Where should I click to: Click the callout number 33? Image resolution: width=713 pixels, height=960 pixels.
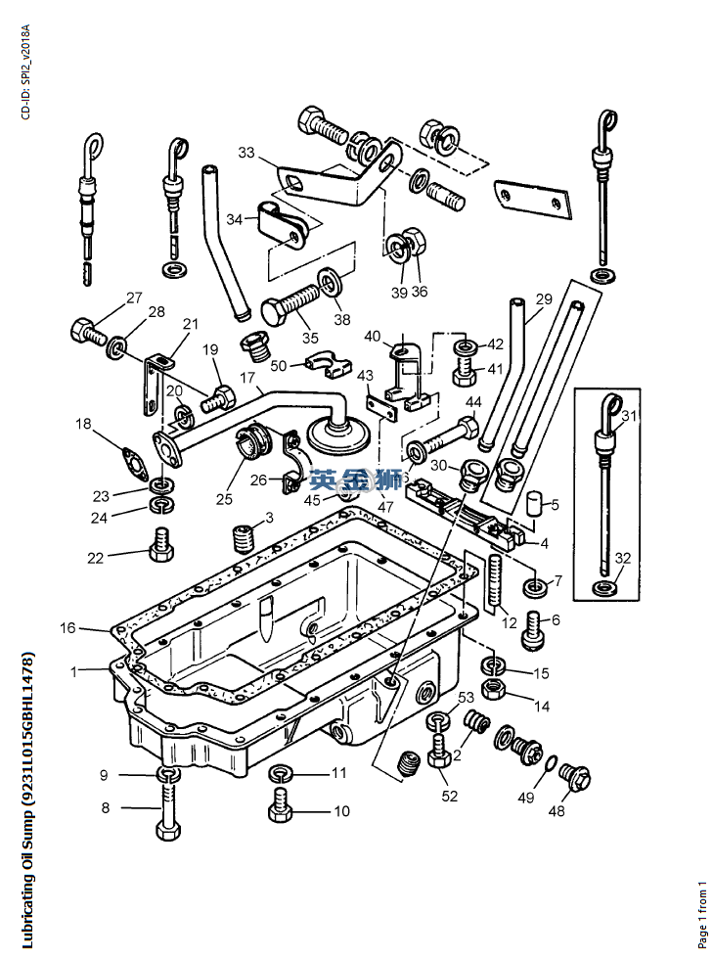(246, 152)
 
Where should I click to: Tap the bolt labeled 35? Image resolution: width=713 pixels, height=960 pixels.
(290, 303)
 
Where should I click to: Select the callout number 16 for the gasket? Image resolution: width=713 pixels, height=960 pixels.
(67, 627)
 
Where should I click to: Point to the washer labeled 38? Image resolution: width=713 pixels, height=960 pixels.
(332, 281)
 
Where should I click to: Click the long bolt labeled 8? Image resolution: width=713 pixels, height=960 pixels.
(168, 803)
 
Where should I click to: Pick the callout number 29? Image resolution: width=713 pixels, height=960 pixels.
(544, 298)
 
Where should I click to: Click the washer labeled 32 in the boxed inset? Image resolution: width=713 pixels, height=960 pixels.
(605, 587)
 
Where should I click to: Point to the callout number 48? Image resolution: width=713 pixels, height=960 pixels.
(557, 810)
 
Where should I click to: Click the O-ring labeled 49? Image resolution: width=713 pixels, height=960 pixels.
(551, 763)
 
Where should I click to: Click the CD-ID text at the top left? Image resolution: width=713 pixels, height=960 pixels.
(25, 72)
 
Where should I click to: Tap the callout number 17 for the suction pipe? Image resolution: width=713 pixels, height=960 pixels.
(247, 378)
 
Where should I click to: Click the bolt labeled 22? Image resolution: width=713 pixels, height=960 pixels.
(161, 543)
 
